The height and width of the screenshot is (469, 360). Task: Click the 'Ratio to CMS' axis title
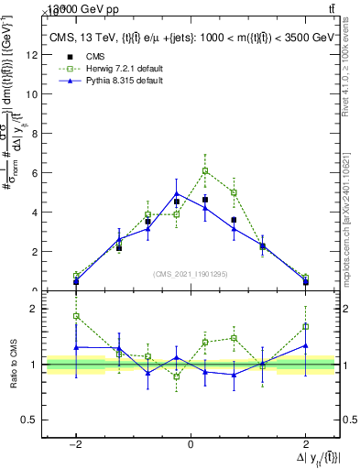tap(12, 362)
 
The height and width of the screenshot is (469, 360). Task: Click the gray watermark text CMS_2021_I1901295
tap(191, 274)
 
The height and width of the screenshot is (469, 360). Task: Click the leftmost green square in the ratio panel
tap(76, 316)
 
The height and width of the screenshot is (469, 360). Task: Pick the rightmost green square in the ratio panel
tap(305, 326)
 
